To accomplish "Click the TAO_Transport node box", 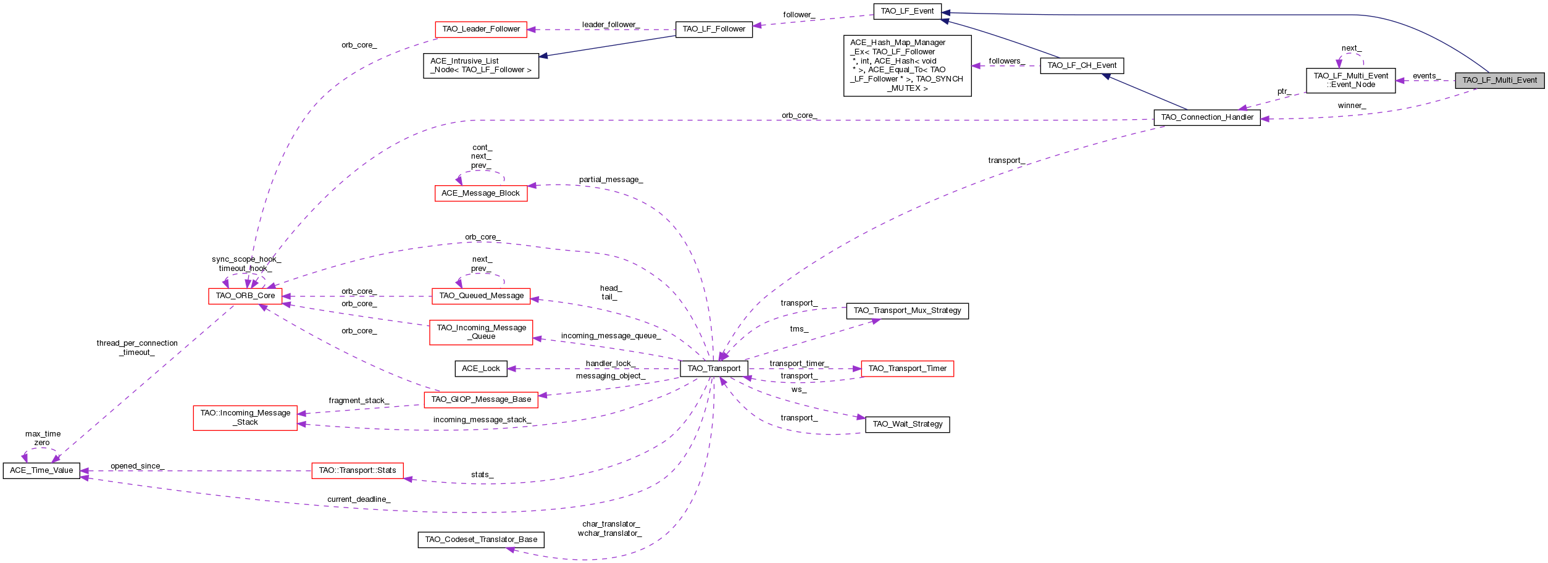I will [714, 369].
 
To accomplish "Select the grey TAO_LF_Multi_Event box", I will [1499, 80].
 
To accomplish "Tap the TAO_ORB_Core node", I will [245, 296].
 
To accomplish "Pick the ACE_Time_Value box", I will [41, 470].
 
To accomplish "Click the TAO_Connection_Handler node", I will [1207, 117].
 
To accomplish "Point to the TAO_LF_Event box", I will [907, 11].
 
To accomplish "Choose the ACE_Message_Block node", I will [480, 193].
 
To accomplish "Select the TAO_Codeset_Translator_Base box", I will [481, 540].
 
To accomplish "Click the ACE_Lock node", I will [481, 369].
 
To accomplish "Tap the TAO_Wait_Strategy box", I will [907, 424].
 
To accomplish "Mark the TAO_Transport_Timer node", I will [907, 369].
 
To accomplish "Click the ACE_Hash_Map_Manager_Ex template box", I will [907, 65].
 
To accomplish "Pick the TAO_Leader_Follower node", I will [481, 29].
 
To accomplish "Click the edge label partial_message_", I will [611, 180].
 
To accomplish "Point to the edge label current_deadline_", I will [359, 499].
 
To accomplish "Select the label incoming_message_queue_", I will [611, 336].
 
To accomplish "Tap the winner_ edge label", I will [1352, 106].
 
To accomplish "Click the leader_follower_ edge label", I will [611, 25].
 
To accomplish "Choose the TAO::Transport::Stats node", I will [357, 470].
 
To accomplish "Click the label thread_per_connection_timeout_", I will [137, 348].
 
